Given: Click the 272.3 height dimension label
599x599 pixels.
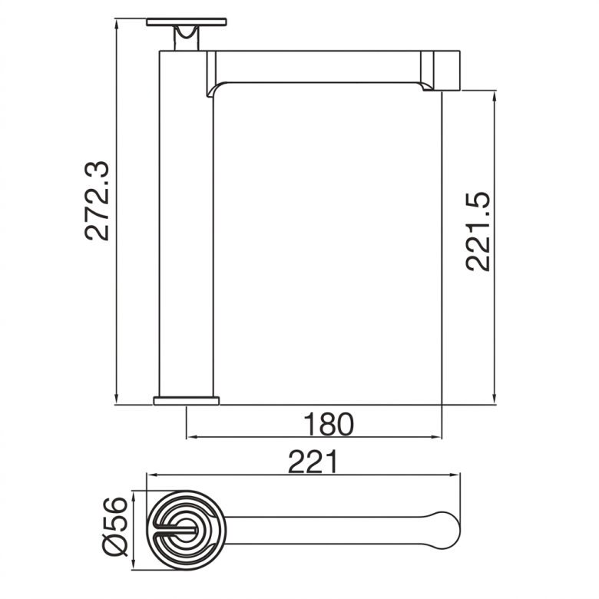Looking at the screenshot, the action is pyautogui.click(x=97, y=201).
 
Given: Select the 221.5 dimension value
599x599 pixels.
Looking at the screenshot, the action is pyautogui.click(x=478, y=232).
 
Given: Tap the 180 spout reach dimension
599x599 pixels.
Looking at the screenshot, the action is pyautogui.click(x=329, y=425).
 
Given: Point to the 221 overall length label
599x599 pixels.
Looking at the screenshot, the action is pyautogui.click(x=313, y=462).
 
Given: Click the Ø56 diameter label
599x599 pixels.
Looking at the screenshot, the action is pyautogui.click(x=114, y=527).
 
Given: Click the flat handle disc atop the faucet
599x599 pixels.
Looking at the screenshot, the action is pyautogui.click(x=187, y=22).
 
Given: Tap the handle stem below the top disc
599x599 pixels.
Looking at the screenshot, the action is pyautogui.click(x=187, y=38).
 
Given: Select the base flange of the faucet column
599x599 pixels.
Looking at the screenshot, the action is pyautogui.click(x=187, y=401).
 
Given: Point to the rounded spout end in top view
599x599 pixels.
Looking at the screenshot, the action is pyautogui.click(x=445, y=531).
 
